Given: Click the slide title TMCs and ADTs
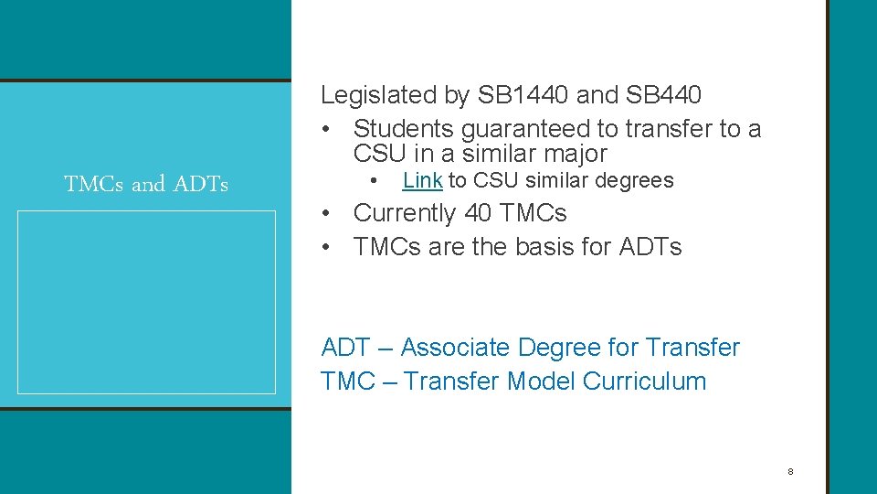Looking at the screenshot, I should (x=146, y=184).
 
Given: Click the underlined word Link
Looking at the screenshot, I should (x=422, y=180).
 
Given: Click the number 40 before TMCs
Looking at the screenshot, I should (x=478, y=213).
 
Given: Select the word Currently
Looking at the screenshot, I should (x=405, y=213).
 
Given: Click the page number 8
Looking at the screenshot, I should (x=790, y=472).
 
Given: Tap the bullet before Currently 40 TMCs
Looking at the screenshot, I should (x=326, y=214).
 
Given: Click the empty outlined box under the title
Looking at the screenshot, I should (x=146, y=302).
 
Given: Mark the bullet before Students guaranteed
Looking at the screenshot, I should (x=326, y=130).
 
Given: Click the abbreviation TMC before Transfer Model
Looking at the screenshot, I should (x=348, y=381).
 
